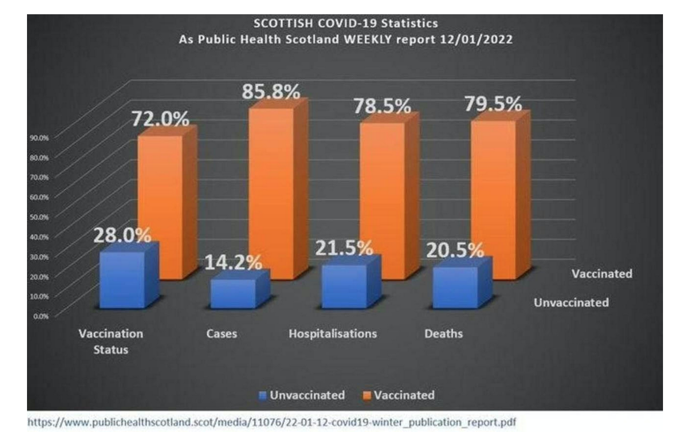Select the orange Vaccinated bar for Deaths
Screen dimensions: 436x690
coord(493,199)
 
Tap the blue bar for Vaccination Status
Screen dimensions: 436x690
coord(122,280)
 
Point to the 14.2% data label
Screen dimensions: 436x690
coord(233,262)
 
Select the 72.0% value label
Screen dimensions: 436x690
coord(160,119)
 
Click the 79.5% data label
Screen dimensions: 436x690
coord(492,103)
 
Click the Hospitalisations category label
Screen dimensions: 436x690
coord(333,334)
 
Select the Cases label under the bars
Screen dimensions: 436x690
coord(222,334)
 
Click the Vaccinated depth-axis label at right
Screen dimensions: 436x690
coord(601,274)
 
